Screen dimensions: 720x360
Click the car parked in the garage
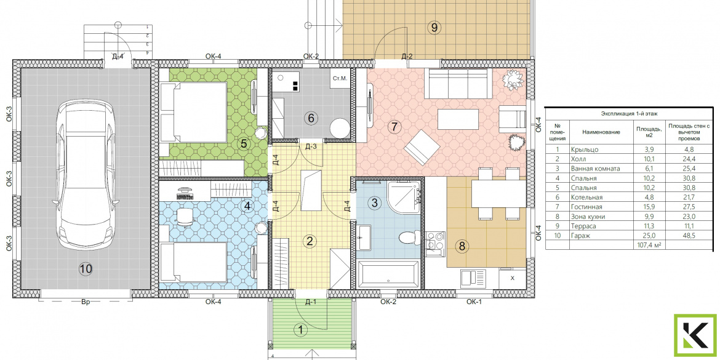click(x=86, y=175)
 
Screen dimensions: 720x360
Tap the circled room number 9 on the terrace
click(x=434, y=28)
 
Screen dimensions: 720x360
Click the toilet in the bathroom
click(x=407, y=238)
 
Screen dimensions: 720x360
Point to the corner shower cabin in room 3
click(x=403, y=198)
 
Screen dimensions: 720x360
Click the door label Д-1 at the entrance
click(x=311, y=302)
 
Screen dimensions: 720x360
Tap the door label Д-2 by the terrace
click(x=407, y=57)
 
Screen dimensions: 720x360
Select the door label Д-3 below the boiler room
click(x=311, y=146)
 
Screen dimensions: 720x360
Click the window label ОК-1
click(x=473, y=302)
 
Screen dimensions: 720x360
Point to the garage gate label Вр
click(x=86, y=302)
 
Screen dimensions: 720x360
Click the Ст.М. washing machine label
click(x=340, y=79)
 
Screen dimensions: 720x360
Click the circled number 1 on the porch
click(x=301, y=329)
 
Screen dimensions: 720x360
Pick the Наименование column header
click(x=601, y=132)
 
